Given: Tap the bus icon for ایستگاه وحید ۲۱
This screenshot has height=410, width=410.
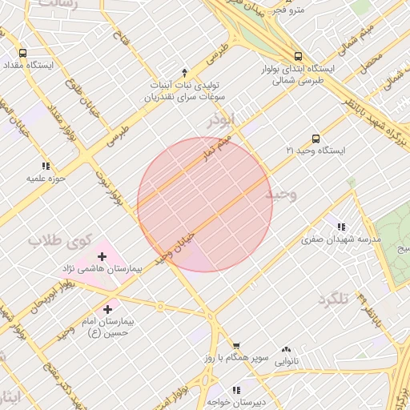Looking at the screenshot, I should pyautogui.click(x=316, y=139).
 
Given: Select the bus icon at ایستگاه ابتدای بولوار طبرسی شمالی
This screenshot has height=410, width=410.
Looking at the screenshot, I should pyautogui.click(x=298, y=56).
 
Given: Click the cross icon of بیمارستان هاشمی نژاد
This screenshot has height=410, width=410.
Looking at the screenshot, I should pyautogui.click(x=102, y=256).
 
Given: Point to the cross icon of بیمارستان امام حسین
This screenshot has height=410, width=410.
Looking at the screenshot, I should pyautogui.click(x=107, y=308).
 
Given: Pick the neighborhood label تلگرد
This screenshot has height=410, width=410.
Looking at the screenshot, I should pyautogui.click(x=334, y=299).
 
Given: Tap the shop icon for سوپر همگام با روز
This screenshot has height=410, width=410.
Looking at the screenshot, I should pyautogui.click(x=227, y=346).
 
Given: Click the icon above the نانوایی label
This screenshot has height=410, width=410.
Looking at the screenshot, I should pyautogui.click(x=286, y=349).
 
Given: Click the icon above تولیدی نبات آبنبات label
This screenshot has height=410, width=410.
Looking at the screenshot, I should pyautogui.click(x=185, y=72).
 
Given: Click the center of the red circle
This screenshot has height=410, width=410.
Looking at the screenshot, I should pyautogui.click(x=205, y=205).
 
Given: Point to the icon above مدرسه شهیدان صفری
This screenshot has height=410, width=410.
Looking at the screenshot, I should pyautogui.click(x=342, y=227).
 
